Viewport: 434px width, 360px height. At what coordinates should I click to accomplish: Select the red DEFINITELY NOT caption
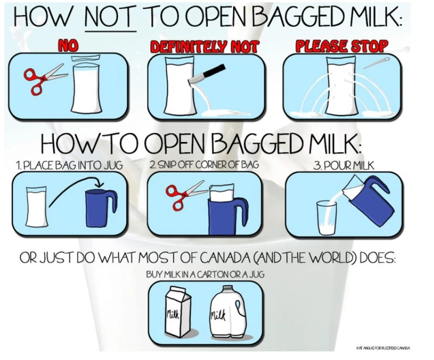click(x=204, y=46)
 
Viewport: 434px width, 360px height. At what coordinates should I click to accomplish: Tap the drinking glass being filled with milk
click(x=327, y=218)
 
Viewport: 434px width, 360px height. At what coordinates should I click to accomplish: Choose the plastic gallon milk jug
click(x=228, y=313)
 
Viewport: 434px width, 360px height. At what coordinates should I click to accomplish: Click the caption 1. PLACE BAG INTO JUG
click(x=69, y=165)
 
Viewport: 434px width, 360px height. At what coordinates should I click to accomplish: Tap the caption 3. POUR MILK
click(x=344, y=166)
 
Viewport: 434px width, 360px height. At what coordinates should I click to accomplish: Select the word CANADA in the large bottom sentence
click(x=223, y=258)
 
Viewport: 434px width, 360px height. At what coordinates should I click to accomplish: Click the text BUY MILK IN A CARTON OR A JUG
click(x=205, y=274)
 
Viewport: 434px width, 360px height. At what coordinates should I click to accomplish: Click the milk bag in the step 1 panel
click(x=36, y=206)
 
